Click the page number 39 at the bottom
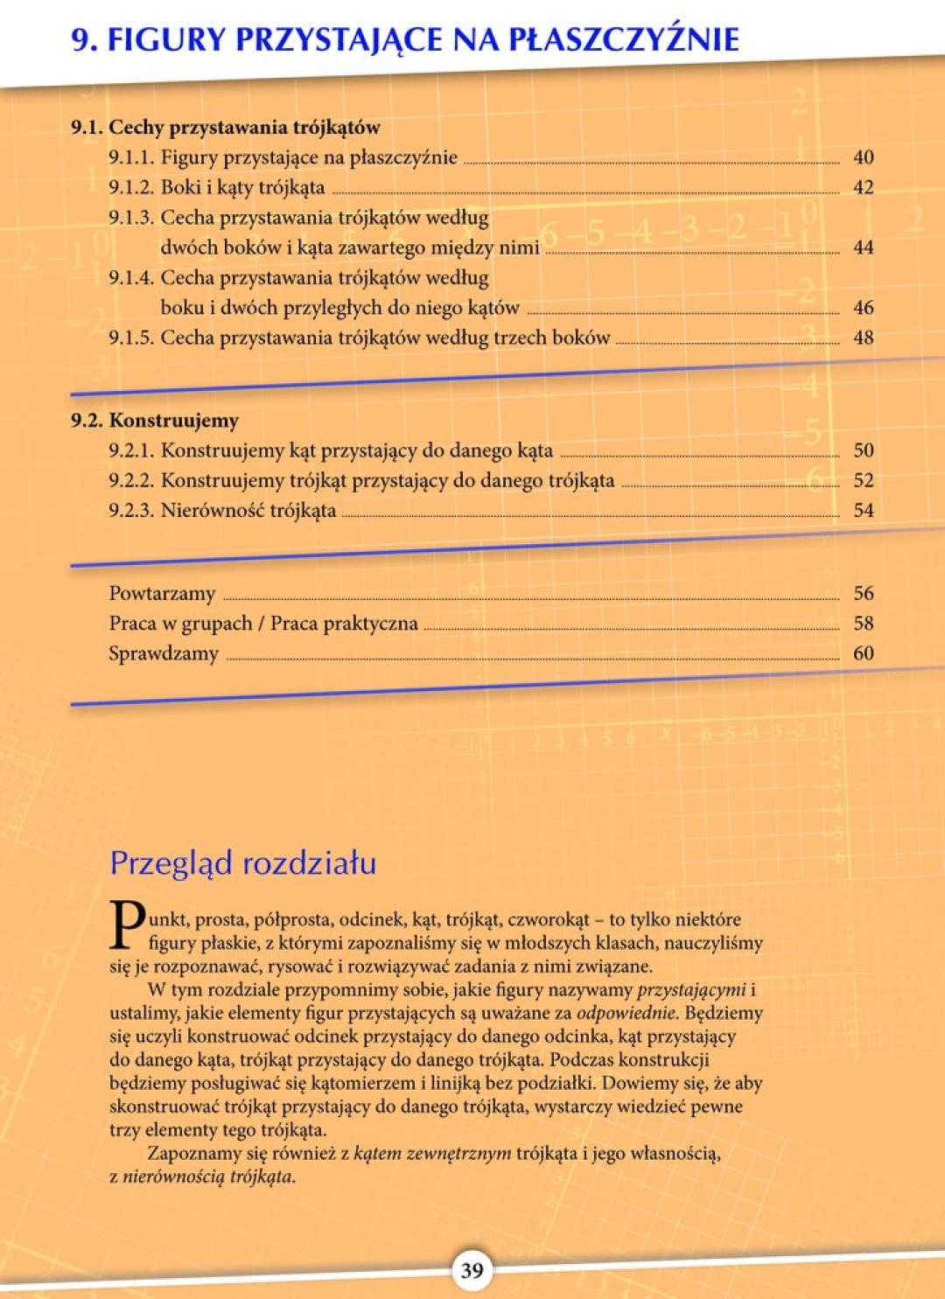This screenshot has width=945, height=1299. (472, 1269)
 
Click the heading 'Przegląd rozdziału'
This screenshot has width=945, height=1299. (242, 863)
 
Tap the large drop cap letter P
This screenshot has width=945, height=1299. (128, 925)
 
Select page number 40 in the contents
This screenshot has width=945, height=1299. (863, 157)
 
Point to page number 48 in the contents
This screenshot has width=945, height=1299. (863, 338)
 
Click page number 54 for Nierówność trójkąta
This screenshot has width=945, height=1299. (863, 511)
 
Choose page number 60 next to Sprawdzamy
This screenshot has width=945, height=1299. (863, 653)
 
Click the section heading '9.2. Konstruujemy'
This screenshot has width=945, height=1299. (155, 421)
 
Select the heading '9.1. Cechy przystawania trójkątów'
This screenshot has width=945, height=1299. (226, 128)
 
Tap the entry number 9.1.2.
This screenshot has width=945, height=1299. (131, 187)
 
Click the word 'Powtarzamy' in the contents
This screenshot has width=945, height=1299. (162, 594)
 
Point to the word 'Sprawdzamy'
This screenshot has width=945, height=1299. (164, 654)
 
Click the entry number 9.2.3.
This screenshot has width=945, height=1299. (131, 511)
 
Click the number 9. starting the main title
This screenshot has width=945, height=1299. (84, 40)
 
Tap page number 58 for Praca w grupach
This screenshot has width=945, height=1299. (863, 624)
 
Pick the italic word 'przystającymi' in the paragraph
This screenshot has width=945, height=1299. (691, 990)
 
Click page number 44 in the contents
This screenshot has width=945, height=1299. (863, 248)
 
